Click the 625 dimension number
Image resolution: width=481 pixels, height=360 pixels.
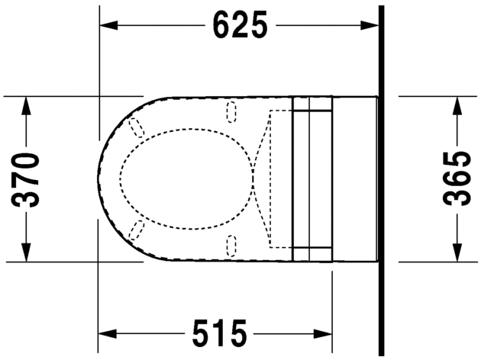click(x=240, y=25)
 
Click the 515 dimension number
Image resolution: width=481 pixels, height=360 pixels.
click(x=219, y=334)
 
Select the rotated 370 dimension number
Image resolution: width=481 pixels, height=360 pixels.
click(x=27, y=180)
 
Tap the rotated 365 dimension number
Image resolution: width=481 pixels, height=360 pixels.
click(x=457, y=180)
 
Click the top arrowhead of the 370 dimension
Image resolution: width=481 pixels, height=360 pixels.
click(x=27, y=104)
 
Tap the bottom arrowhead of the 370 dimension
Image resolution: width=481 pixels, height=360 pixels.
click(x=27, y=253)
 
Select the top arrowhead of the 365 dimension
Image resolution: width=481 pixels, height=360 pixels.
click(x=457, y=105)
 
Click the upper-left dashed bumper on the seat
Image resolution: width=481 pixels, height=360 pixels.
click(x=137, y=128)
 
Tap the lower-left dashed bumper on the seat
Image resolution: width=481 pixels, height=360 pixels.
click(x=137, y=230)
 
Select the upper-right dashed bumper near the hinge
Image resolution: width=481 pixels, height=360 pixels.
click(x=232, y=113)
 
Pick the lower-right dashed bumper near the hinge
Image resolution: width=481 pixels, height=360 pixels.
click(x=232, y=244)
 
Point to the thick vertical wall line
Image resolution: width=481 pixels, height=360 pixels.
click(x=380, y=179)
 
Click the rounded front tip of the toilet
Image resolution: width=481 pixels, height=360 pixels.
click(x=99, y=179)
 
